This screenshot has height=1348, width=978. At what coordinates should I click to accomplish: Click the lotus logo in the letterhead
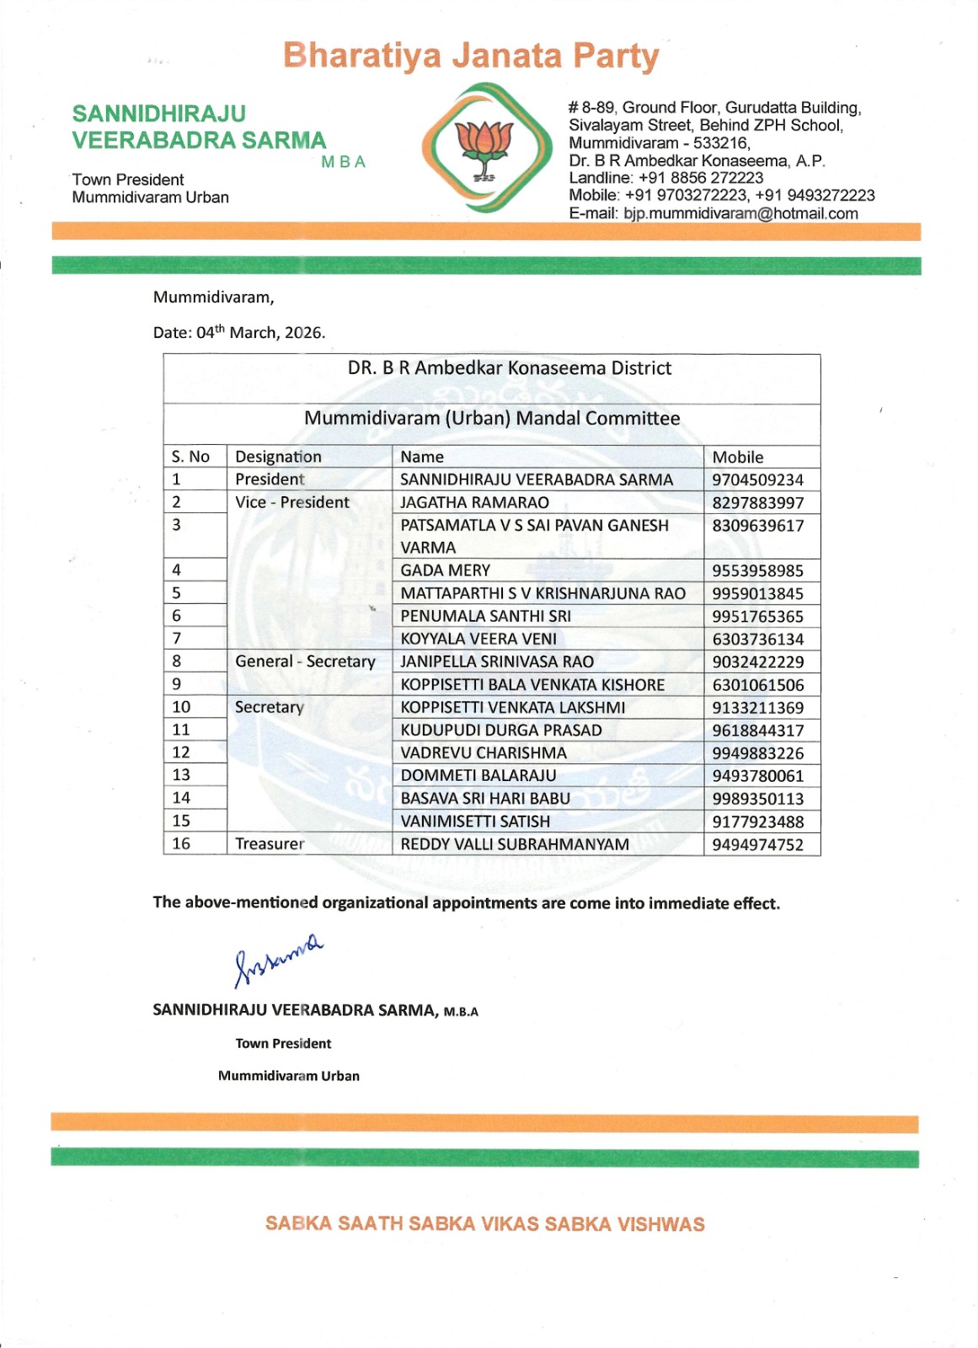point(484,147)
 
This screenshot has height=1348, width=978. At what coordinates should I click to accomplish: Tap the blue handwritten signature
point(277,959)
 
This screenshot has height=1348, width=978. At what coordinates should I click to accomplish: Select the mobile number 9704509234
point(757,480)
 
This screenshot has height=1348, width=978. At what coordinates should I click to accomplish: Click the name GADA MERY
point(445,570)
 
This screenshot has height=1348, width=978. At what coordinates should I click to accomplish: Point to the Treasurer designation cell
point(270,844)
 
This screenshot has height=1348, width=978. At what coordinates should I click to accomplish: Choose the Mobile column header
point(738,457)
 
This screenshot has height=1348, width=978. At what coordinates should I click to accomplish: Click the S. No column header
point(190,457)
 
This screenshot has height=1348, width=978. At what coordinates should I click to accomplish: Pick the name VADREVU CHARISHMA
point(484,753)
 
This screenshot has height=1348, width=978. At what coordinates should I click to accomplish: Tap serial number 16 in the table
point(181,843)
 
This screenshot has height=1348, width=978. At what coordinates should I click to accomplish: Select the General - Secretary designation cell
point(305,661)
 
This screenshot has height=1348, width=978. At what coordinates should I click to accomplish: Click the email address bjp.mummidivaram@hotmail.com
point(740,214)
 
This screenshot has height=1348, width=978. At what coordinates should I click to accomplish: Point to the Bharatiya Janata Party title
point(471,56)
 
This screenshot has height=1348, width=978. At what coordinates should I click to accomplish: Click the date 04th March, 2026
point(260,333)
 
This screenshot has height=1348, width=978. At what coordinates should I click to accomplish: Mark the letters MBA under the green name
point(343,163)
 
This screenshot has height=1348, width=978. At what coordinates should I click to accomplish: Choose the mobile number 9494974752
point(757,845)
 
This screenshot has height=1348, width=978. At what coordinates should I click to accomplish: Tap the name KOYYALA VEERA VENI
point(478,639)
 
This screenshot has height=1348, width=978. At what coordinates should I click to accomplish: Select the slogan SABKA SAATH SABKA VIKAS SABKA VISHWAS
point(484,1224)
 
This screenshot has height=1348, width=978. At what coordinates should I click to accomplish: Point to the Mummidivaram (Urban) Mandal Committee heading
point(492,419)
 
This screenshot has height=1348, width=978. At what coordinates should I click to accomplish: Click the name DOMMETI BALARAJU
point(478,776)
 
